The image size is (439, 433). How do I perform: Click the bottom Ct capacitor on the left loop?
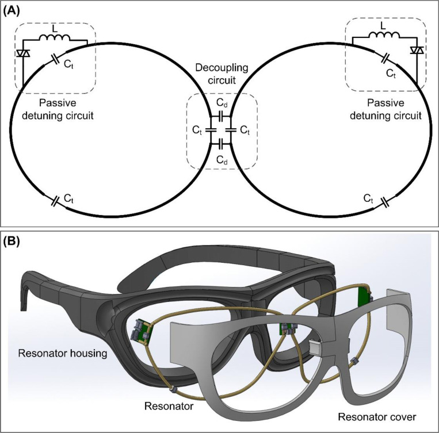point(55,201)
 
